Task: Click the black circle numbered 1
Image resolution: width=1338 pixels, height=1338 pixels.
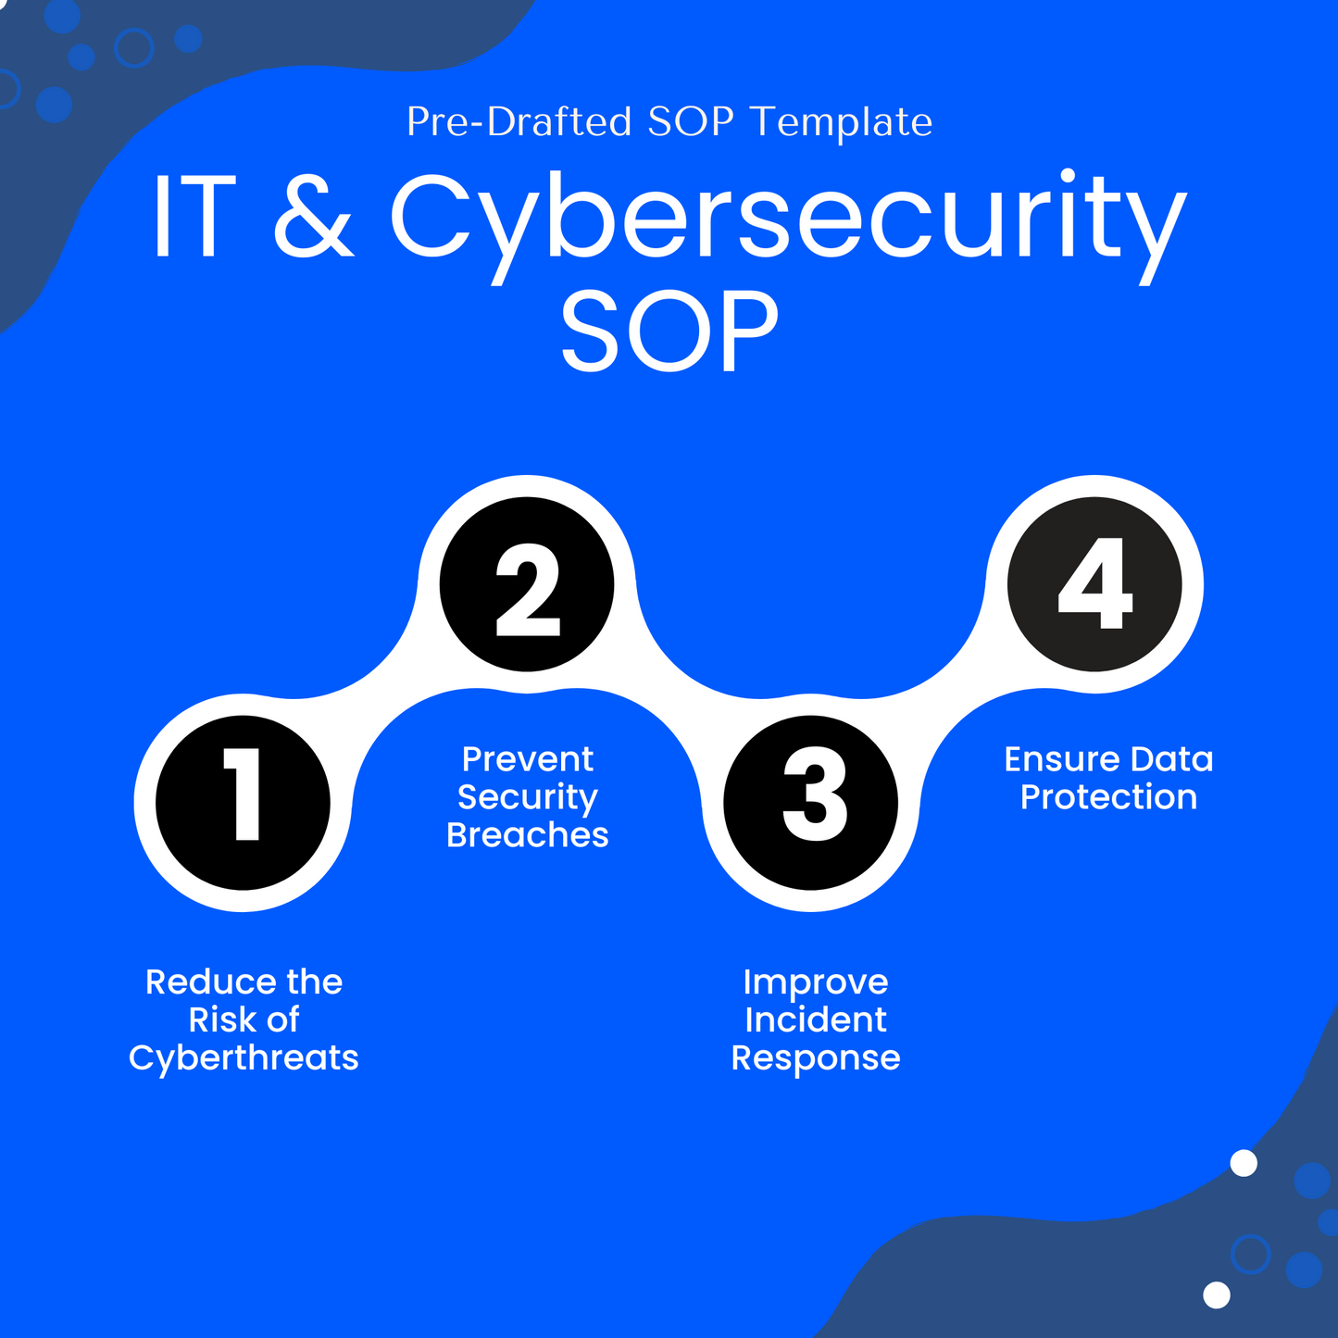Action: click(244, 802)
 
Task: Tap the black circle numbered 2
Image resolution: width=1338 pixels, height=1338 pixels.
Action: click(527, 584)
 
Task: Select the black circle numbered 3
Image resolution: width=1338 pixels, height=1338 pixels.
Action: click(811, 802)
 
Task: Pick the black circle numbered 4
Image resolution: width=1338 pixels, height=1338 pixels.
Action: click(1094, 584)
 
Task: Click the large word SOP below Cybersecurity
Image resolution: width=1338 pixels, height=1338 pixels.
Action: click(669, 331)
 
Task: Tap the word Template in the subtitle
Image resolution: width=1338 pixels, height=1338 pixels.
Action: click(841, 122)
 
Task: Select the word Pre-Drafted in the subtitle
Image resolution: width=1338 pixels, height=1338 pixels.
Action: click(519, 122)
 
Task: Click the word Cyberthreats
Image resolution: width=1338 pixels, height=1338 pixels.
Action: click(244, 1057)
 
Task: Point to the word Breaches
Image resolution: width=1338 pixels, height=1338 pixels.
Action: click(527, 835)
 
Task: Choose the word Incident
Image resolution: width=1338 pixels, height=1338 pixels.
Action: click(815, 1019)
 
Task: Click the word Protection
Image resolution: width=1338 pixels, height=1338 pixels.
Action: click(1108, 797)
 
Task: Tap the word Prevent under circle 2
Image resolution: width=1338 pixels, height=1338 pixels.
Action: click(527, 759)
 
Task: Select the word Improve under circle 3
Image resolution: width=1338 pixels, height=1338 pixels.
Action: click(815, 982)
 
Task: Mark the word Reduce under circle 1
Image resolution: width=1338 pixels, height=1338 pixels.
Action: click(210, 982)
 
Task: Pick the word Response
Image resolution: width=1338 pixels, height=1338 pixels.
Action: click(815, 1058)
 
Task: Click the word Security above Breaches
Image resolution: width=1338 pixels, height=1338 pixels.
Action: click(527, 797)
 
